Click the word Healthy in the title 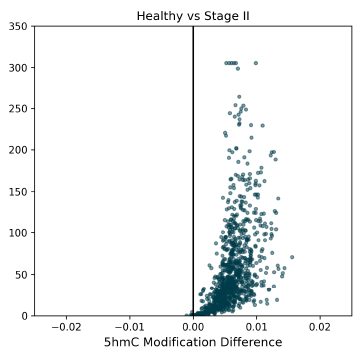click(x=158, y=15)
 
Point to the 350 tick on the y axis click(x=18, y=26)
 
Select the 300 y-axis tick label click(x=18, y=67)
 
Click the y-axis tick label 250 click(x=18, y=109)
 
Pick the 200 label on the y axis click(x=18, y=150)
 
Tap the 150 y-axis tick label click(x=18, y=191)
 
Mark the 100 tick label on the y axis click(x=18, y=233)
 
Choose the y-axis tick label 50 click(x=21, y=274)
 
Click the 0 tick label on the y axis click(x=24, y=316)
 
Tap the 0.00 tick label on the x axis click(x=193, y=327)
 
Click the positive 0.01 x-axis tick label click(x=256, y=327)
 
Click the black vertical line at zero click(x=193, y=150)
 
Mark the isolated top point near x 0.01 click(x=255, y=63)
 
